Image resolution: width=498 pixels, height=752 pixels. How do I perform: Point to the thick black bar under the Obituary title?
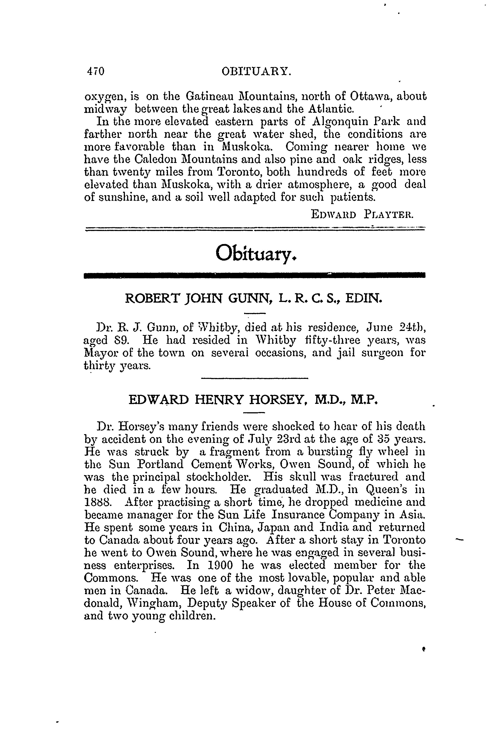coord(254,275)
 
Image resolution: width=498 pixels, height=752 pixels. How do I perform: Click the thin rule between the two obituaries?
coord(255,378)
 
